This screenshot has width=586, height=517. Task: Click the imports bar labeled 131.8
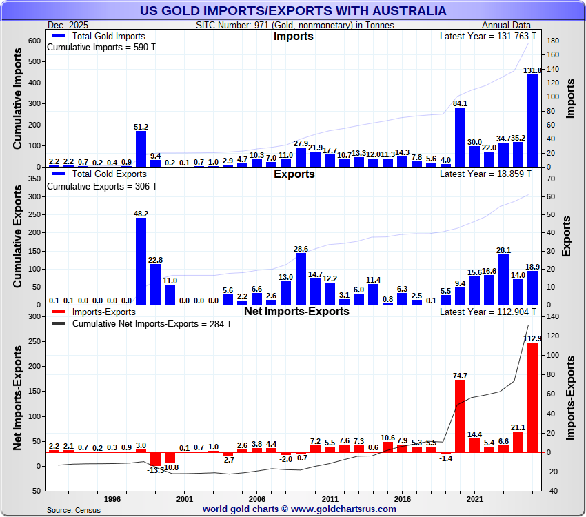tap(532, 121)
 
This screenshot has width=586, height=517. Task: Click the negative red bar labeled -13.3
tap(155, 459)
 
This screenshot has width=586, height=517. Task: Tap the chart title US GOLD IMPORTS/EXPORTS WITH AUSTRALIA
tap(293, 11)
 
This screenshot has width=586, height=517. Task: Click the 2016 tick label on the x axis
tap(402, 498)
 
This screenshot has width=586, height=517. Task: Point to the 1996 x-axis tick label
tap(112, 498)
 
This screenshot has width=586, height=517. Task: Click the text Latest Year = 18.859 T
tap(485, 175)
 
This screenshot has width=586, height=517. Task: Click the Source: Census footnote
tap(73, 510)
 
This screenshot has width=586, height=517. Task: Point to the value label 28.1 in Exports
tap(504, 250)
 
